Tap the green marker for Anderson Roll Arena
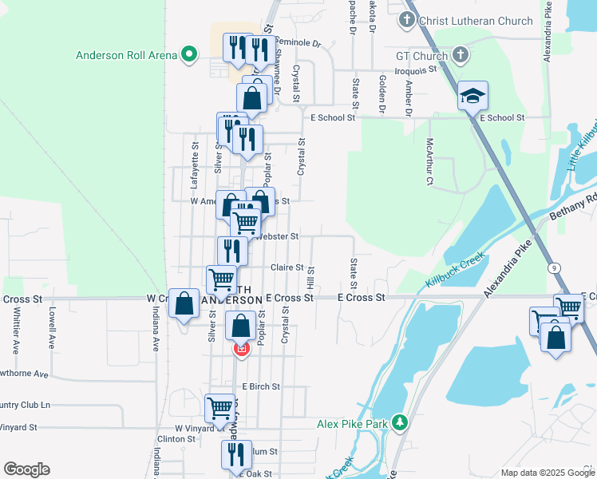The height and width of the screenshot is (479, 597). [x=189, y=55]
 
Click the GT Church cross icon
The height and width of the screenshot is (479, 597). [x=460, y=56]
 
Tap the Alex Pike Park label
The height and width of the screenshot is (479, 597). [x=351, y=422]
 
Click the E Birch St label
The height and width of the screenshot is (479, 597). [x=261, y=386]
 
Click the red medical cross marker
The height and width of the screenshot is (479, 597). [x=241, y=349]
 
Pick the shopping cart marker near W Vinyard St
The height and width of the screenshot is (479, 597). [x=220, y=407]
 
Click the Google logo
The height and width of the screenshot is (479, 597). [x=26, y=469]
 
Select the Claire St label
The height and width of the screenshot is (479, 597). [x=287, y=267]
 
